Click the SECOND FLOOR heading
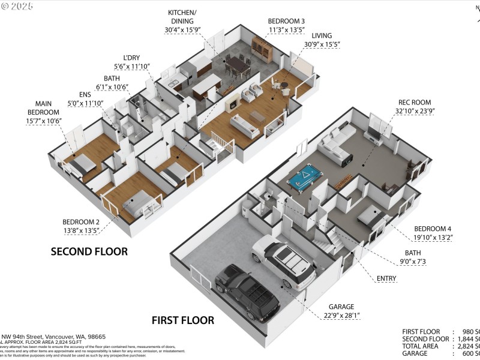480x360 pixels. tap(89, 251)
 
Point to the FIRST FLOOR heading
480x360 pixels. tap(182, 320)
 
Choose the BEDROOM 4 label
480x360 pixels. tap(433, 229)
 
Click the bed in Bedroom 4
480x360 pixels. tap(373, 218)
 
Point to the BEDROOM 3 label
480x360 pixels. tap(286, 20)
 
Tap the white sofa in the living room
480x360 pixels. tap(246, 124)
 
